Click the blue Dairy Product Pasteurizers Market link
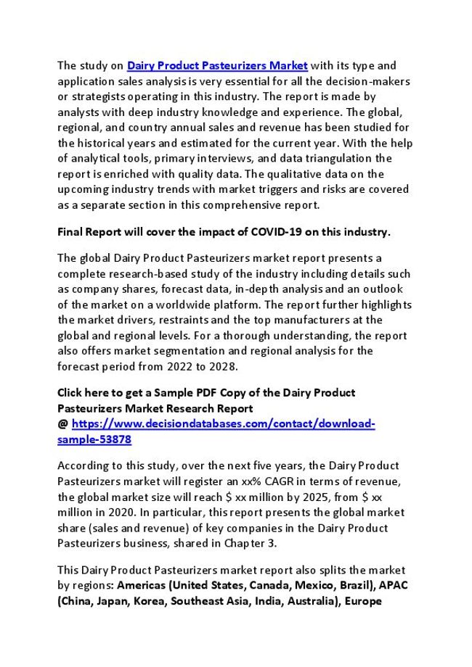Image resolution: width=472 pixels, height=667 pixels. coord(218,65)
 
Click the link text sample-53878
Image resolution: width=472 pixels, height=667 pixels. coord(94,439)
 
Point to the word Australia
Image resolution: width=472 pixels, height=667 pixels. coord(309,601)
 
